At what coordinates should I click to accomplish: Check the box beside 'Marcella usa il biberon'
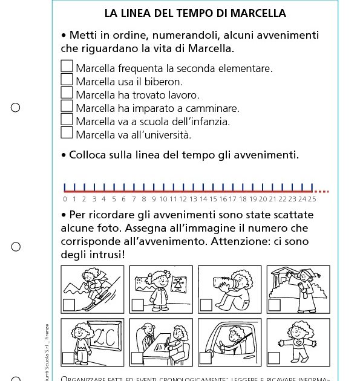point(67,80)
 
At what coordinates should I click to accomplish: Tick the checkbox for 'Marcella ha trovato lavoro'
point(67,93)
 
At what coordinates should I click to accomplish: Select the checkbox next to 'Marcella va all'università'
point(67,133)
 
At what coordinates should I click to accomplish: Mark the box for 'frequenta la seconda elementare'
point(67,67)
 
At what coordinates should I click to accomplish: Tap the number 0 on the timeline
point(65,198)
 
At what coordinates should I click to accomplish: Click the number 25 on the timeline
point(312,198)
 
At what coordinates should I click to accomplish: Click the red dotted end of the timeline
point(322,192)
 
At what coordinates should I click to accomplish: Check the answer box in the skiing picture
point(69,305)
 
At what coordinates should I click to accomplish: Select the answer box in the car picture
point(206,358)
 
